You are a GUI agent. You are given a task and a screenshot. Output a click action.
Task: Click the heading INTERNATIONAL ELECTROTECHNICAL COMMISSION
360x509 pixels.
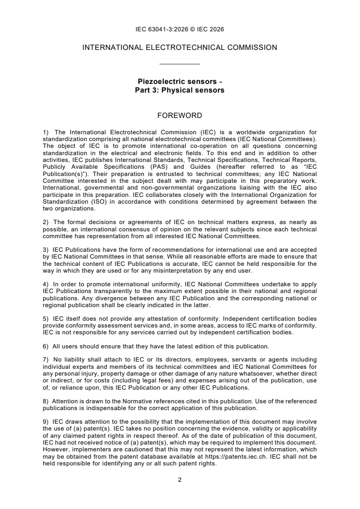pyautogui.click(x=180, y=47)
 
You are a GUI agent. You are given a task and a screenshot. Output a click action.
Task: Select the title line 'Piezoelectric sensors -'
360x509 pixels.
pyautogui.click(x=180, y=82)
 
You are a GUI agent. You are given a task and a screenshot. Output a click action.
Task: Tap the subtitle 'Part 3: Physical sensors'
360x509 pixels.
pyautogui.click(x=180, y=90)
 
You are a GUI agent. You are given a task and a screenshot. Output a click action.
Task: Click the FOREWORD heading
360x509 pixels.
pyautogui.click(x=180, y=116)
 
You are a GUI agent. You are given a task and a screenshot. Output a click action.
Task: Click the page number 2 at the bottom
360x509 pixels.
pyautogui.click(x=180, y=480)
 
